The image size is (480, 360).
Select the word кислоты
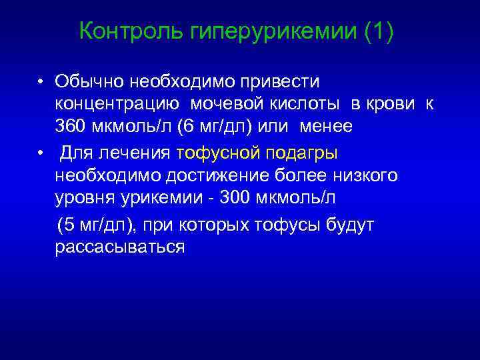point(306,104)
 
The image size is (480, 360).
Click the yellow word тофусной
point(219,153)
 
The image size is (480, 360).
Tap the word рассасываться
point(119,247)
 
